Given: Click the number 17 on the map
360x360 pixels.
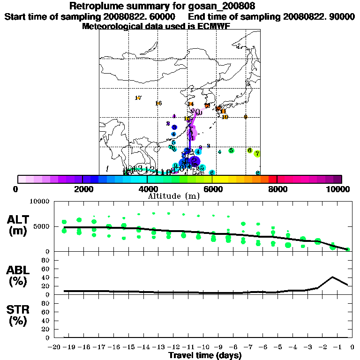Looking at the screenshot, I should click(x=138, y=98).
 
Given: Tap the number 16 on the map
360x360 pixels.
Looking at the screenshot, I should click(x=158, y=103).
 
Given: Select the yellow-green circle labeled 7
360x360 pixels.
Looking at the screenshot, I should click(x=257, y=153).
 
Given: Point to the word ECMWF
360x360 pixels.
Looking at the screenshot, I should click(x=227, y=26).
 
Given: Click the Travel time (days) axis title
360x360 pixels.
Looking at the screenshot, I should click(x=204, y=356).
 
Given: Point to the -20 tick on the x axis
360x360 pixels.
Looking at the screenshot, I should click(x=55, y=347).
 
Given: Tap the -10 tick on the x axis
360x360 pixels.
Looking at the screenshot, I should click(x=203, y=347).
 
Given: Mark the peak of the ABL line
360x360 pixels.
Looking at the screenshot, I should click(x=332, y=277).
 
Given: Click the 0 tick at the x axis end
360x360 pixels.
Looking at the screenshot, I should click(x=352, y=347).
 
